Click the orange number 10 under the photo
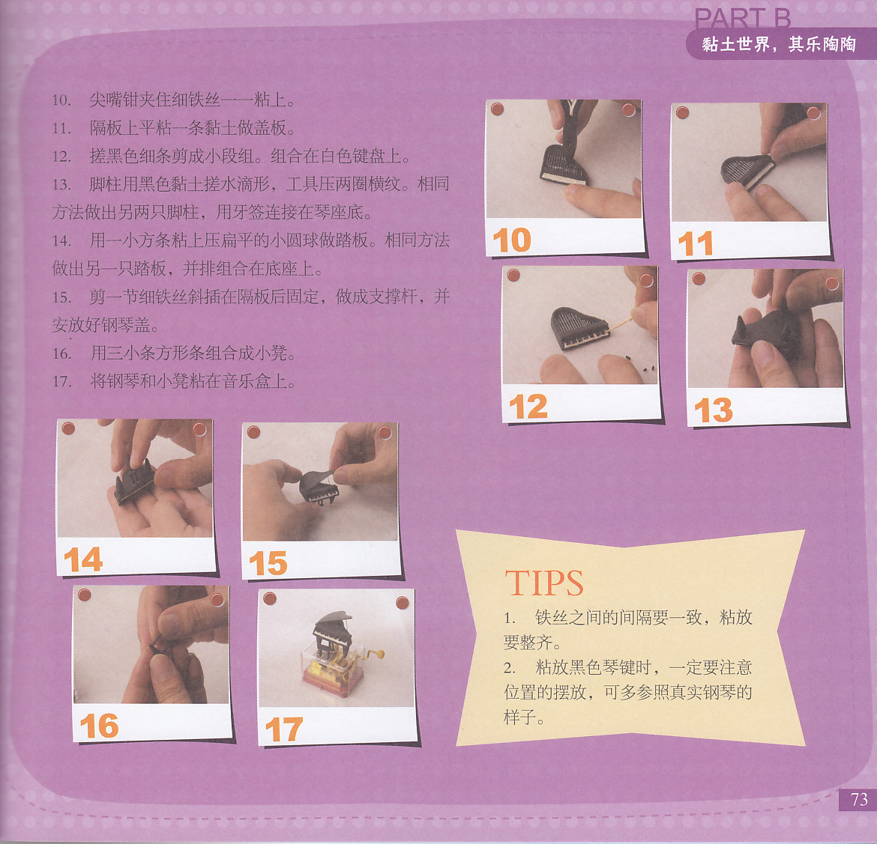[512, 240]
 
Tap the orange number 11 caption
[695, 243]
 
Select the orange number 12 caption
[528, 407]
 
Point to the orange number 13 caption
[713, 410]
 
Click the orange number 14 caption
[83, 559]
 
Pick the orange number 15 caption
[268, 563]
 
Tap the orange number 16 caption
[99, 726]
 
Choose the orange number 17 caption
[283, 729]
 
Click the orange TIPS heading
[544, 583]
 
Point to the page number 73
[859, 799]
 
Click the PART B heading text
[742, 19]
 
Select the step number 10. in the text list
[61, 100]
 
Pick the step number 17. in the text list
[61, 382]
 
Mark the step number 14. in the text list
[61, 241]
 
